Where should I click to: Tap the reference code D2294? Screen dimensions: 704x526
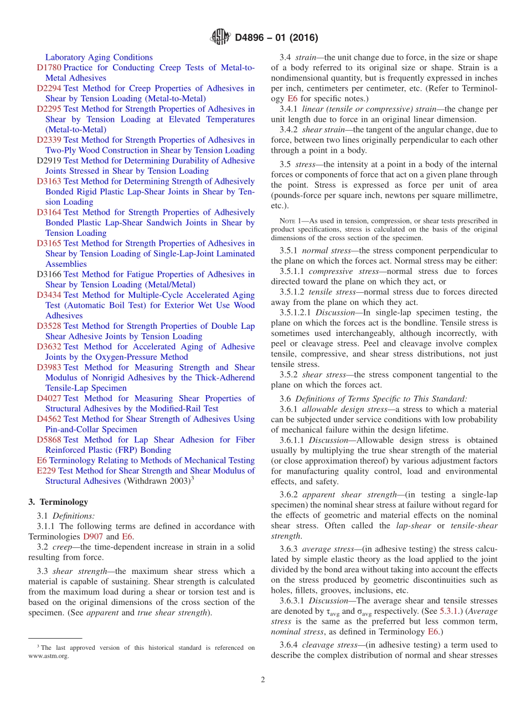(x=49, y=89)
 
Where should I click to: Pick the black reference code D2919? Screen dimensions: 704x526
(x=49, y=161)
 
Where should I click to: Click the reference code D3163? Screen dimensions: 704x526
(x=49, y=181)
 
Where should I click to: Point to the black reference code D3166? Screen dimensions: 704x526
(x=49, y=274)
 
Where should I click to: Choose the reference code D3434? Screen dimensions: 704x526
(x=49, y=295)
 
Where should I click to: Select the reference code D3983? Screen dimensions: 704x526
(x=49, y=367)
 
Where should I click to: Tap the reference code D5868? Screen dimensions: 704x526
(x=49, y=439)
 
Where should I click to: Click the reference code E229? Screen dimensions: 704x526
(x=46, y=470)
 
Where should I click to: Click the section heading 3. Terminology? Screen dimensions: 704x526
(x=58, y=502)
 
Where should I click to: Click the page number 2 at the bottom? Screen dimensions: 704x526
(x=263, y=680)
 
